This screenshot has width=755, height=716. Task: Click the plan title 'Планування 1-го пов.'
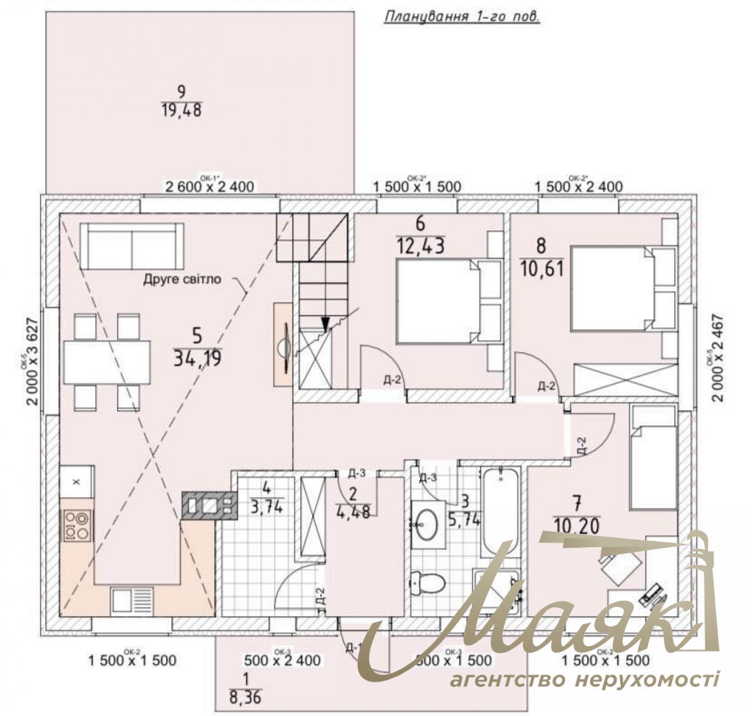[461, 17]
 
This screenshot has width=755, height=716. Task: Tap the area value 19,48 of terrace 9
[181, 111]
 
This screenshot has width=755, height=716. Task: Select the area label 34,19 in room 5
[197, 357]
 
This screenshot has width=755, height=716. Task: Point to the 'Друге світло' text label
[182, 279]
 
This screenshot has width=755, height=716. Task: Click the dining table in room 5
[107, 361]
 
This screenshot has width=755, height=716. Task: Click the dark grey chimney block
[210, 506]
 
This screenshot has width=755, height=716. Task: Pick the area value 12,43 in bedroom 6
[421, 246]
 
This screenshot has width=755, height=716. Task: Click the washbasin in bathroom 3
[428, 522]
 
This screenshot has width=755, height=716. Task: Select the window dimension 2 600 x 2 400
[209, 187]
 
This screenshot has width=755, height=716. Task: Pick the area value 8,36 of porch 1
[245, 698]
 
